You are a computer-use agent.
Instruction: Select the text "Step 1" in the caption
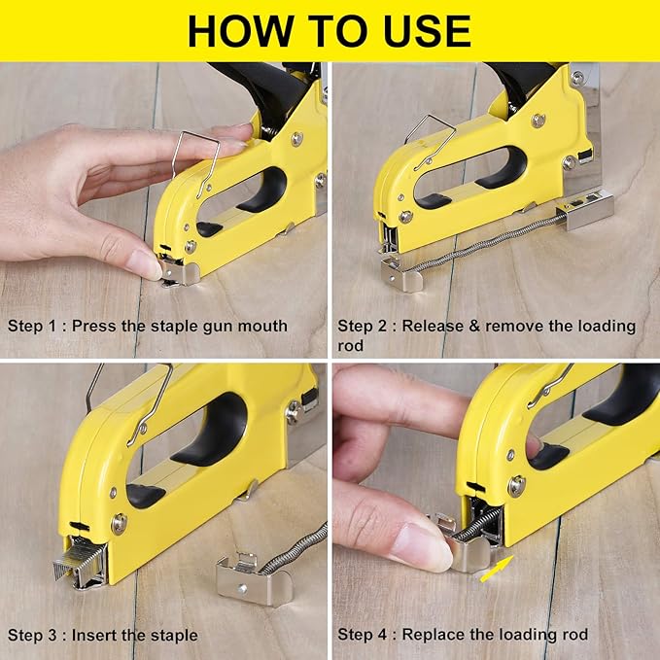(x=31, y=327)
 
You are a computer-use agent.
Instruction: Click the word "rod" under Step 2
(x=350, y=346)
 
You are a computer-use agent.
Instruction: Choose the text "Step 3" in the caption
(x=31, y=635)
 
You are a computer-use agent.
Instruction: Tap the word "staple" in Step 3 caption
(x=173, y=636)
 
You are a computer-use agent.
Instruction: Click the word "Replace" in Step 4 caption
(x=433, y=635)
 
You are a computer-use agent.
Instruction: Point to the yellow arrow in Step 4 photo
(x=497, y=569)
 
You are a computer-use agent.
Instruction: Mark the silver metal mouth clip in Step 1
(x=179, y=272)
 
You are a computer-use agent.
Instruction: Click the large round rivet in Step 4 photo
(x=516, y=486)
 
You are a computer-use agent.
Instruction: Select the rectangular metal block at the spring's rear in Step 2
(x=585, y=209)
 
